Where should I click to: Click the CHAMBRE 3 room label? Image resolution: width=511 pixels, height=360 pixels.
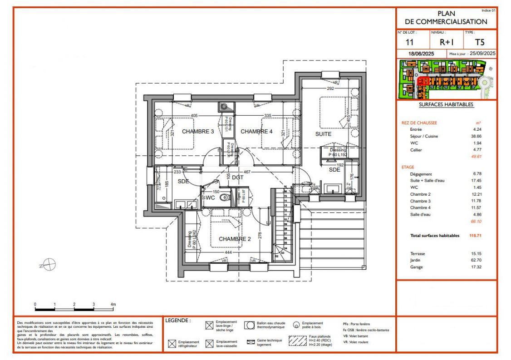point(198,132)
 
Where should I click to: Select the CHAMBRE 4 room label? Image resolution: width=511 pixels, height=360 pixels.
point(256,132)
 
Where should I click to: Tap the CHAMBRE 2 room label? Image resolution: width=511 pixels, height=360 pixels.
point(235,239)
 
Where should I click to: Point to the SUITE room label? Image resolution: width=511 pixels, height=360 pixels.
point(323,134)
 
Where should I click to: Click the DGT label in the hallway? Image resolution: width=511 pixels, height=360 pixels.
point(238,178)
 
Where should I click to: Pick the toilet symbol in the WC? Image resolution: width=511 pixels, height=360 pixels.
point(224,198)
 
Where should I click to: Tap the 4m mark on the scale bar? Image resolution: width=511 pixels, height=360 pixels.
point(113,304)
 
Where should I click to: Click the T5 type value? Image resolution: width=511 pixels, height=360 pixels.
point(479,42)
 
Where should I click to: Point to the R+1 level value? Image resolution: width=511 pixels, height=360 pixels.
point(446,42)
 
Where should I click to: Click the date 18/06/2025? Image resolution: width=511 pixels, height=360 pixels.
point(421,54)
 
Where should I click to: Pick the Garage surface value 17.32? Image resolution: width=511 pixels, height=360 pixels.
point(477,267)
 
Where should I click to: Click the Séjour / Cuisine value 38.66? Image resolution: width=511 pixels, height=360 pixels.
point(477,136)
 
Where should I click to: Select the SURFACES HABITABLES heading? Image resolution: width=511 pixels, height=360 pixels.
point(446,104)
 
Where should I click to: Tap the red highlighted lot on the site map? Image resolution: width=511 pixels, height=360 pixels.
point(423,81)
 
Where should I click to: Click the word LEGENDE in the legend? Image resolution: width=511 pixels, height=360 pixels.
point(178,321)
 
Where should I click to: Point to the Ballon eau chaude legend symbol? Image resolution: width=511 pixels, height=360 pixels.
point(249,325)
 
